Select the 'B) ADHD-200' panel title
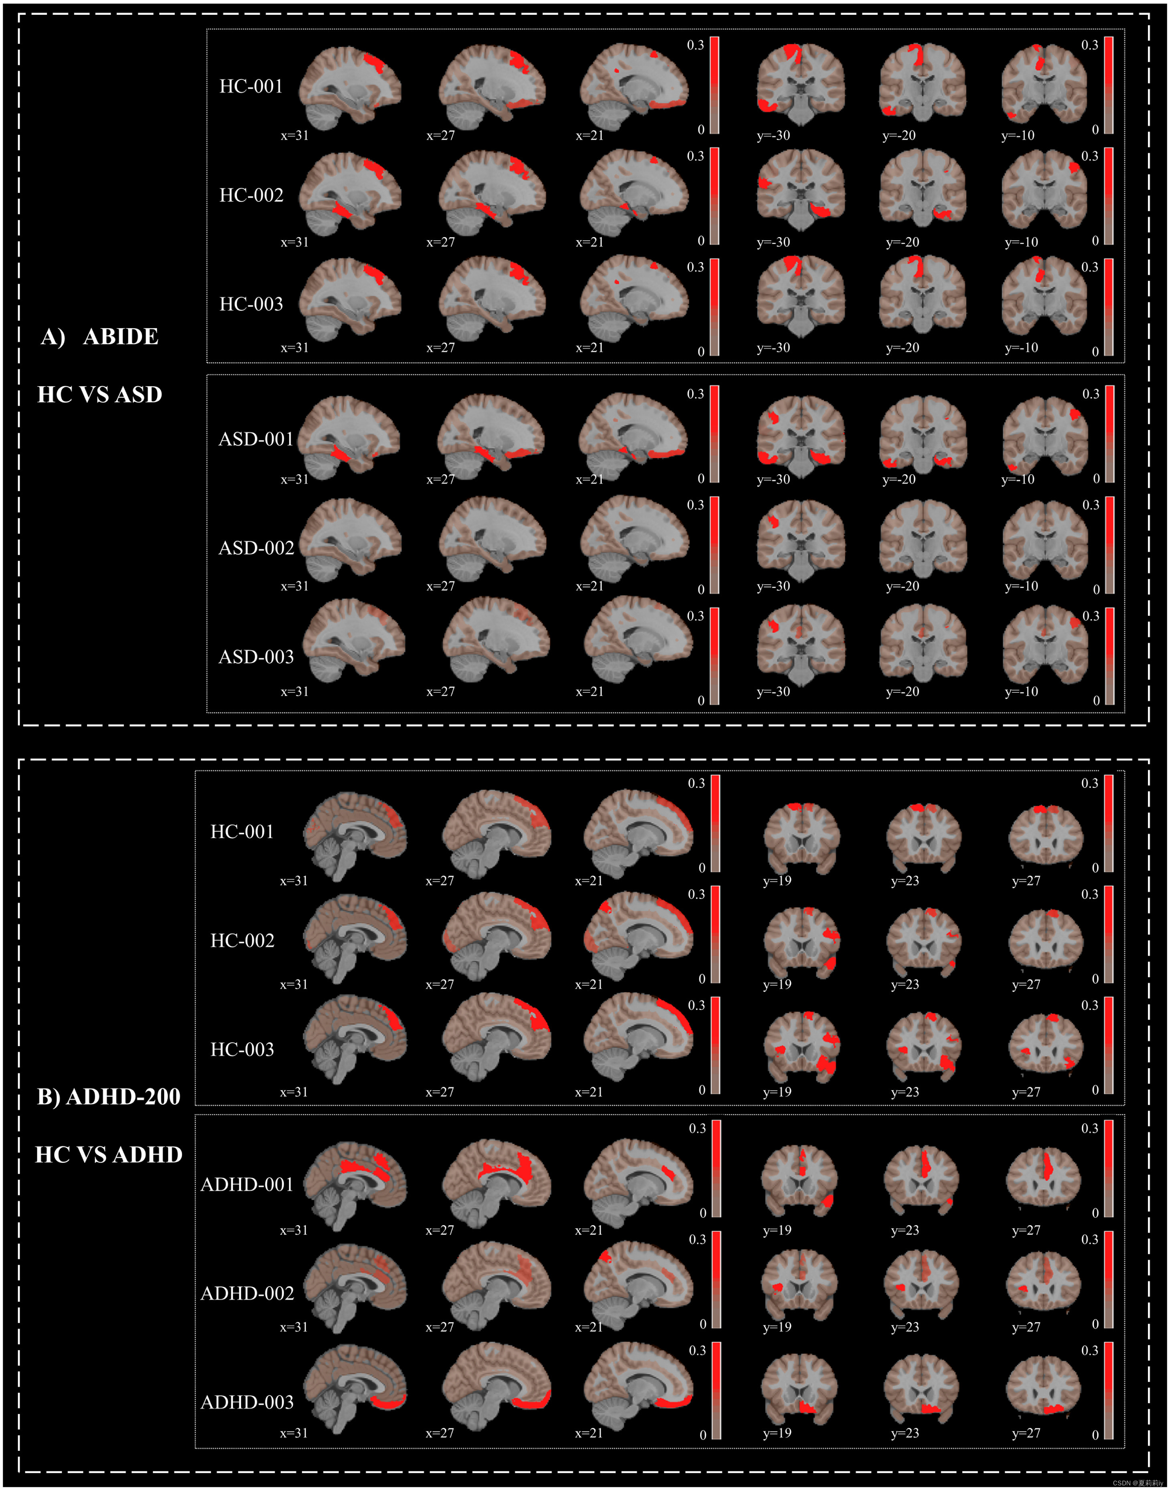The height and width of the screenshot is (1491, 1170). tap(109, 1097)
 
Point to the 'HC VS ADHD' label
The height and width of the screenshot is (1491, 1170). tap(109, 1155)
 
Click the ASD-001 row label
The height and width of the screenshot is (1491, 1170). tap(255, 439)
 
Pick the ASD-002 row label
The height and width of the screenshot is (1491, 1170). tap(255, 548)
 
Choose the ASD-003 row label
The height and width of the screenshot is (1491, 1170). tap(255, 657)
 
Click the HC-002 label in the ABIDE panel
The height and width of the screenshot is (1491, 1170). tap(251, 195)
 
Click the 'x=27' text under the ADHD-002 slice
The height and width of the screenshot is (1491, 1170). tap(440, 1327)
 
